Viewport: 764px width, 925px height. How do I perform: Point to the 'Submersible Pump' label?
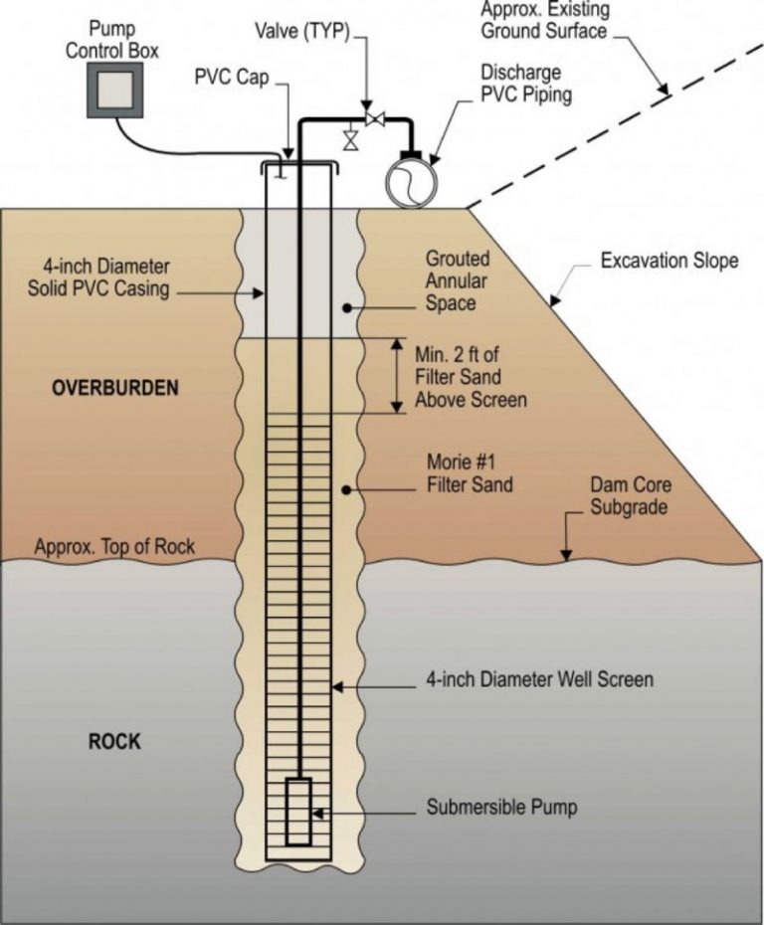(501, 808)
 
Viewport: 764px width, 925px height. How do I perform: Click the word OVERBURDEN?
(115, 388)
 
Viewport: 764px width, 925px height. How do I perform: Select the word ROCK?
(114, 742)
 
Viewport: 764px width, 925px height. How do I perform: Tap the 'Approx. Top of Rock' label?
(114, 547)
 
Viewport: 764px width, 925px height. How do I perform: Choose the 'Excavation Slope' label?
(669, 262)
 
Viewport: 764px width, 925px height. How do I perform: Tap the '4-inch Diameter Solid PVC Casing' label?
(106, 277)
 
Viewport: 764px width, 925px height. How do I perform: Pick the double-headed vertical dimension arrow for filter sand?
(396, 376)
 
